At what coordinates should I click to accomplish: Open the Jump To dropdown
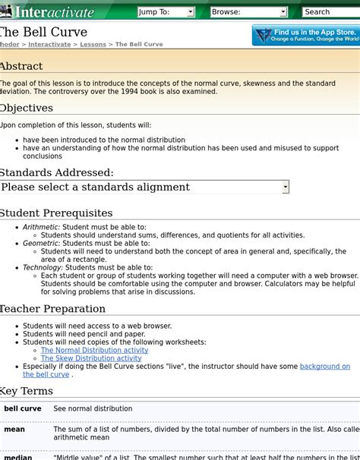point(166,12)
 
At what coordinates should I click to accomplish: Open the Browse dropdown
point(248,12)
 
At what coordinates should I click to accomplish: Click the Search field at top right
point(330,12)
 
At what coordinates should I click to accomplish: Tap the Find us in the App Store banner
point(305,35)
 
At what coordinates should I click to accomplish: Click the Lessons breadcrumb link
point(93,45)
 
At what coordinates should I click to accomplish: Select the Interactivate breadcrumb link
point(49,45)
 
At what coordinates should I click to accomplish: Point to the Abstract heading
point(21,66)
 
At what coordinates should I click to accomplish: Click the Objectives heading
point(26,108)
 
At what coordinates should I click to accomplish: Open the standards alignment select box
point(144,187)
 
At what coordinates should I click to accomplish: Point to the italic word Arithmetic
point(41,227)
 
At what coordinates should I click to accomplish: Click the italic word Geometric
point(41,244)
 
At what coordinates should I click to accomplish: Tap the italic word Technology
point(43,268)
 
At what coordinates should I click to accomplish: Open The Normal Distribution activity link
point(94,351)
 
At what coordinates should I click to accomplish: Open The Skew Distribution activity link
point(90,359)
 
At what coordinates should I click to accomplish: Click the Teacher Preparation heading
point(52,309)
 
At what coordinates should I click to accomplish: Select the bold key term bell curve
point(23,409)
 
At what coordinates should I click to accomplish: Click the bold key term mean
point(14,429)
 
